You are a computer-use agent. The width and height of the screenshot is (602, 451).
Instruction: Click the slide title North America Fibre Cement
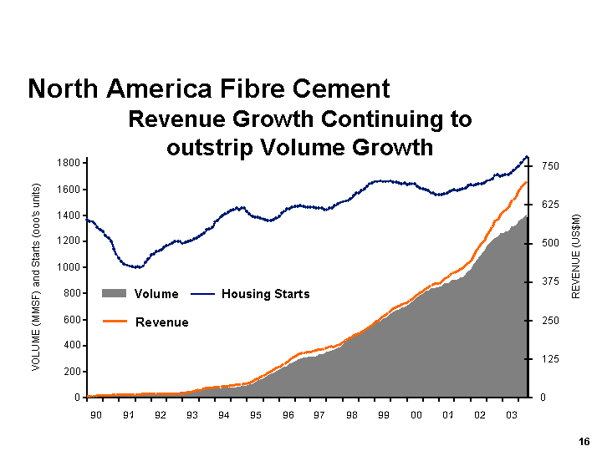(x=209, y=89)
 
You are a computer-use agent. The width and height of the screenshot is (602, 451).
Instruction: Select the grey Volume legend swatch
(x=115, y=294)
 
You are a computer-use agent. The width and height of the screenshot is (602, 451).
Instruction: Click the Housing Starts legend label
(x=265, y=294)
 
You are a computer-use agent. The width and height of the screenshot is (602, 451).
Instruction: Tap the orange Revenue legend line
(x=115, y=322)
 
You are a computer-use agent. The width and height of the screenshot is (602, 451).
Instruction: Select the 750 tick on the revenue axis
(x=550, y=167)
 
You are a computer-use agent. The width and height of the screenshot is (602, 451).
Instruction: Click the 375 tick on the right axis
(x=550, y=283)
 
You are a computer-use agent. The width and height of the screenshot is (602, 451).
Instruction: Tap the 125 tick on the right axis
(x=550, y=359)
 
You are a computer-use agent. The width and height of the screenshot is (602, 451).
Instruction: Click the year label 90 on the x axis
(x=96, y=415)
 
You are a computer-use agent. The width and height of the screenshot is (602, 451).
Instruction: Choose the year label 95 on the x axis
(x=256, y=415)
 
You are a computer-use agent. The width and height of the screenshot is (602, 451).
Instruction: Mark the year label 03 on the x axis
(x=512, y=415)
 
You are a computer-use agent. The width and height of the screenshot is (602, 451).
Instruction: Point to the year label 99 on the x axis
(x=384, y=415)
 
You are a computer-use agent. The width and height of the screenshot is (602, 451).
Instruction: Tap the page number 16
(x=583, y=442)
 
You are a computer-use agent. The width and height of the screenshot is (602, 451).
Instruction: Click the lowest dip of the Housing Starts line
(x=136, y=267)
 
